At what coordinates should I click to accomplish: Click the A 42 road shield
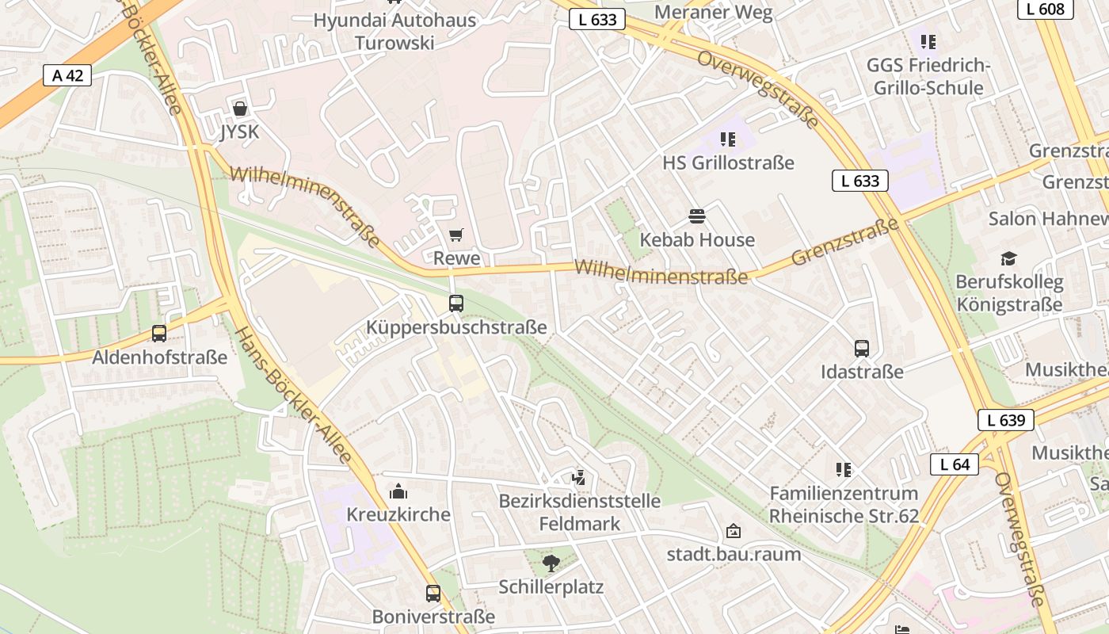pos(67,76)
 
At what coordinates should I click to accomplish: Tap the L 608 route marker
pos(1045,9)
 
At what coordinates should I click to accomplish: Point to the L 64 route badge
pos(954,464)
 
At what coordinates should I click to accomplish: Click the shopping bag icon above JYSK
pos(239,109)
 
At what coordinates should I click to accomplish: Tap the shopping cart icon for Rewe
pos(455,235)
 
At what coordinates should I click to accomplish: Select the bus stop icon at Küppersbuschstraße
pos(455,303)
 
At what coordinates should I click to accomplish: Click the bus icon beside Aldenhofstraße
pos(159,334)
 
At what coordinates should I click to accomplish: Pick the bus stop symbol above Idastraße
pos(861,349)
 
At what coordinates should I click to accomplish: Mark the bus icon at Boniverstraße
pos(433,593)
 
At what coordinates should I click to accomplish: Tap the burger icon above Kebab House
pos(697,216)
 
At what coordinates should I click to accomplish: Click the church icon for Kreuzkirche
pos(398,491)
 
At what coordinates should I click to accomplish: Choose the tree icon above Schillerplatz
pos(551,563)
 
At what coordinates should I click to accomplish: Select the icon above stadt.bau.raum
pos(734,531)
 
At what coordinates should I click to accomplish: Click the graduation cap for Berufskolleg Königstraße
pos(1008,258)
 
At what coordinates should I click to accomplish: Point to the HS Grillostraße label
pos(728,163)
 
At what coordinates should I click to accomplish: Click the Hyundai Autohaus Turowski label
pos(394,32)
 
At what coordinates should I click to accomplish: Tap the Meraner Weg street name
pos(714,12)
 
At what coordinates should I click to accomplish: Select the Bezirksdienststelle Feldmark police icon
pos(579,477)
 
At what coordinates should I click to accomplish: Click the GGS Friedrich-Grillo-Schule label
pos(928,76)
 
